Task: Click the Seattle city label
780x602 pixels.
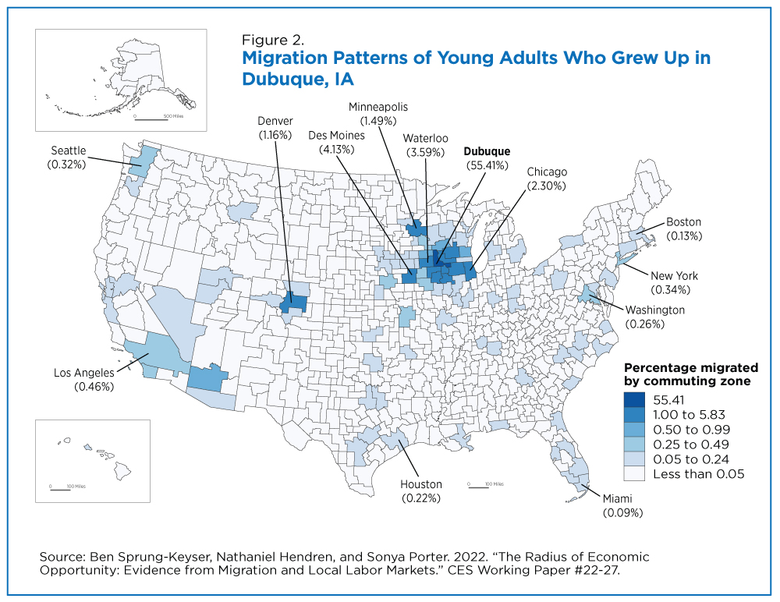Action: click(x=69, y=150)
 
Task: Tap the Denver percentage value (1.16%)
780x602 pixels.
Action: click(x=275, y=135)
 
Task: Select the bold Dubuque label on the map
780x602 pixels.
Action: click(x=487, y=151)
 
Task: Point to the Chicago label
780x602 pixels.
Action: click(x=547, y=172)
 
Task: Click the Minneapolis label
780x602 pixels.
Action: click(x=378, y=107)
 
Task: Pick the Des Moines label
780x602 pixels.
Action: click(x=336, y=136)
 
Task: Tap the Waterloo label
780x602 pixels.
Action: click(x=425, y=138)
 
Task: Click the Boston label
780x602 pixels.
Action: click(x=683, y=222)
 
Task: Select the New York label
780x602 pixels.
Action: click(x=674, y=275)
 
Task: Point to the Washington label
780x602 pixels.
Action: click(x=654, y=310)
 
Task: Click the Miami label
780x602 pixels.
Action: click(x=617, y=498)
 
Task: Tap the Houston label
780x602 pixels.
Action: click(x=421, y=484)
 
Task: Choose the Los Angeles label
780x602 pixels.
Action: click(x=84, y=373)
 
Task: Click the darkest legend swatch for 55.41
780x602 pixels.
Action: click(x=634, y=400)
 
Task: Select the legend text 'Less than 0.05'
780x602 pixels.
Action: click(x=698, y=473)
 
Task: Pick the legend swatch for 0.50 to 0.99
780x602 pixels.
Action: click(x=634, y=430)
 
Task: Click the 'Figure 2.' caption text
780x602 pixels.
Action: click(x=272, y=40)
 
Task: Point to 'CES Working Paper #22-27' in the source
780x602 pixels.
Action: click(x=533, y=570)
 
